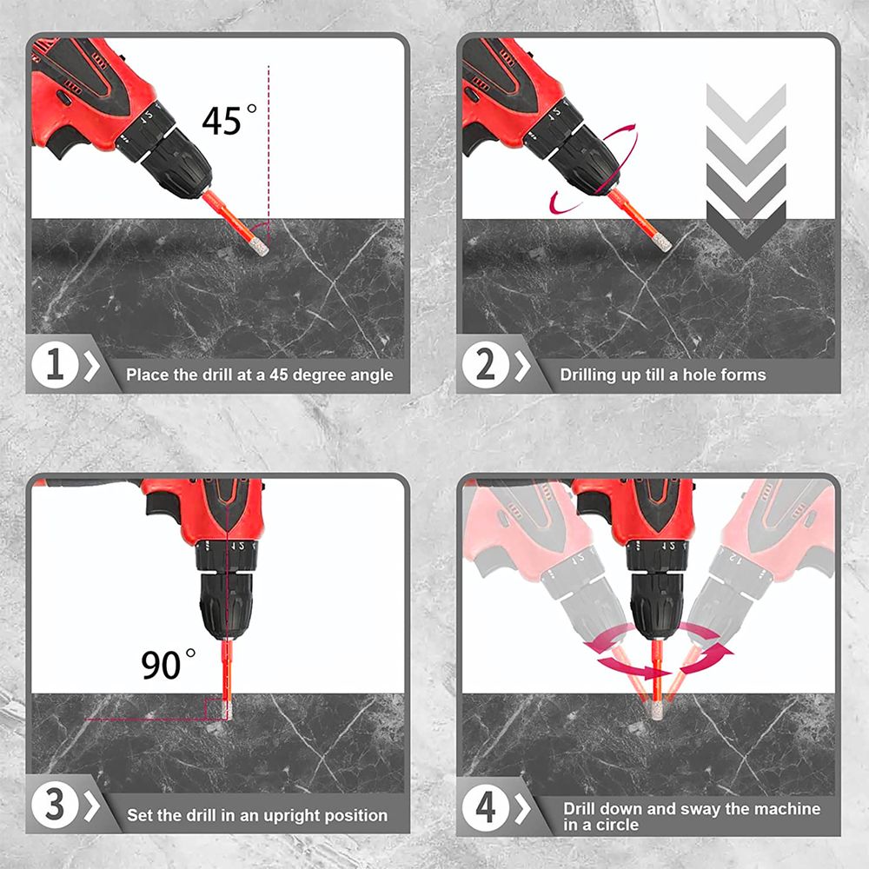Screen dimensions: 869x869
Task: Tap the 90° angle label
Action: point(168,664)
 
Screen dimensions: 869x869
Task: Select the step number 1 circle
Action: point(54,365)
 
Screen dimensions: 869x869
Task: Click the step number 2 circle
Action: point(485,365)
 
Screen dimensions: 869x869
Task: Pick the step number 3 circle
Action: point(54,805)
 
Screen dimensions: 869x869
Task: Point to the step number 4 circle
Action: point(485,807)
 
